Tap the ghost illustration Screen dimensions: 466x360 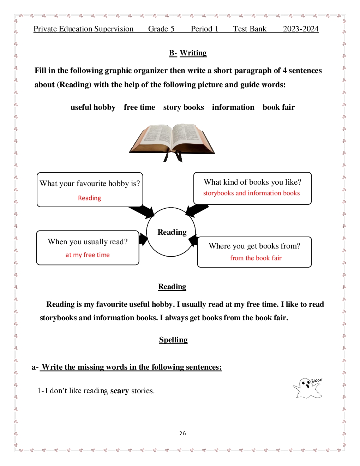tap(307, 388)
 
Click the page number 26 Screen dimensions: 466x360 tap(182, 434)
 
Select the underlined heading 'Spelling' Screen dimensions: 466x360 tap(173, 340)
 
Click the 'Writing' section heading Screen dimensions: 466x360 tap(193, 53)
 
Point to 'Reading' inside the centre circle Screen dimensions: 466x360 tap(172, 232)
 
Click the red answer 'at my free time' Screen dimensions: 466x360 tap(88, 255)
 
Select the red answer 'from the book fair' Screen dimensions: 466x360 tap(256, 258)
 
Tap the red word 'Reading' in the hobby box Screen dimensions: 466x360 tap(90, 198)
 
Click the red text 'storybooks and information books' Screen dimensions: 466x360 tap(251, 193)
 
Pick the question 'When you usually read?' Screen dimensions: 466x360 tap(88, 242)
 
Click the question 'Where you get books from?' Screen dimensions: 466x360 tap(254, 246)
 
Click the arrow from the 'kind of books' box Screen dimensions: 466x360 tap(196, 210)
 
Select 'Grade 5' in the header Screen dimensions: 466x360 tap(161, 29)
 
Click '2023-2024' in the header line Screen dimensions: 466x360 tap(301, 29)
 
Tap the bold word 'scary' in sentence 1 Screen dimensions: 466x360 tap(119, 391)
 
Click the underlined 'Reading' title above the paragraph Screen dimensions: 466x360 tap(172, 287)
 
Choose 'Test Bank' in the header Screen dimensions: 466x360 tap(250, 29)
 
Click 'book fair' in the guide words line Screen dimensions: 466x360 tap(278, 107)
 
